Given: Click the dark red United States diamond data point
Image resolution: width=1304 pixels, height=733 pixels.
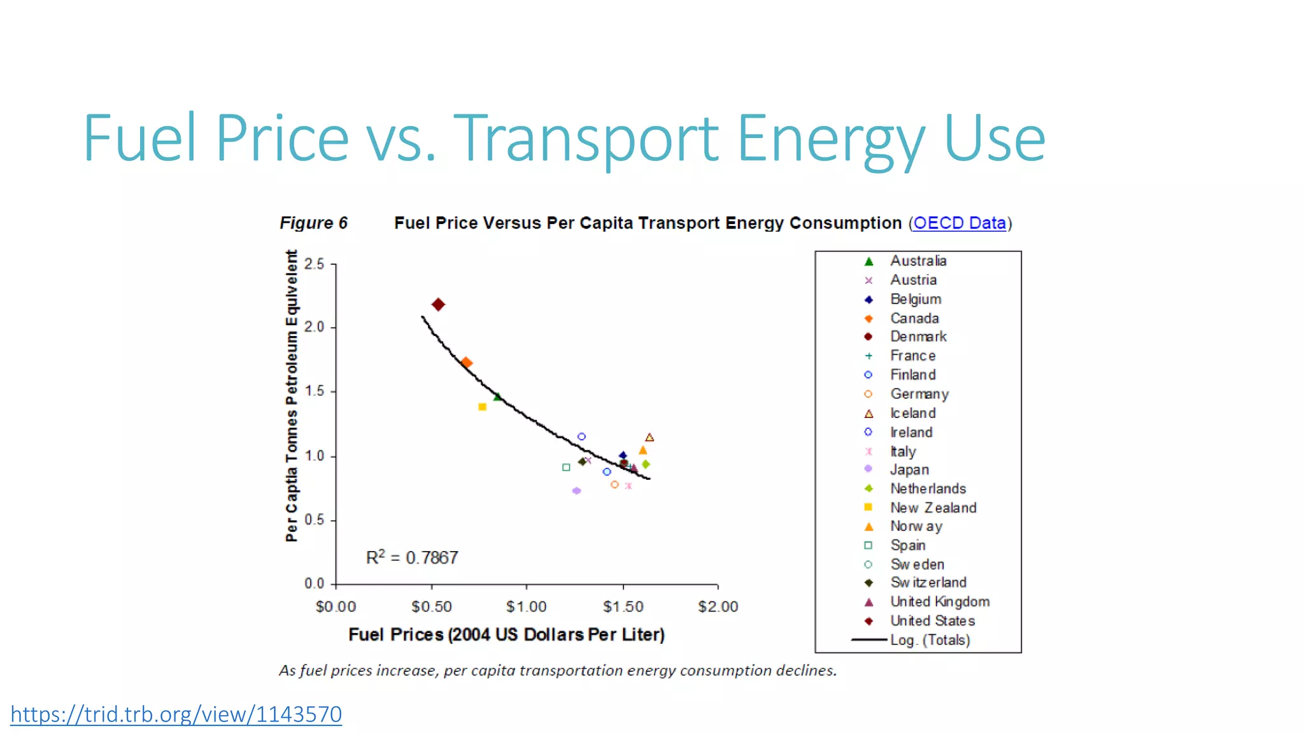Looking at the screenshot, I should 438,305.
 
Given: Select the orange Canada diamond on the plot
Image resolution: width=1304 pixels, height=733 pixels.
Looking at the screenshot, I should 466,363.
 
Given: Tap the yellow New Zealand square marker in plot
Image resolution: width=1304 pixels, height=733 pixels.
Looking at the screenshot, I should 482,407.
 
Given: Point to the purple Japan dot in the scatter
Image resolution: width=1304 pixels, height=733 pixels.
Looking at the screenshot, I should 576,491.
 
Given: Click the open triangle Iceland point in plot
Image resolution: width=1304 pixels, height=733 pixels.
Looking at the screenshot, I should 649,438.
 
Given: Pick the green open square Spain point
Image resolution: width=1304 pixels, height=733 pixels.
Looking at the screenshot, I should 566,468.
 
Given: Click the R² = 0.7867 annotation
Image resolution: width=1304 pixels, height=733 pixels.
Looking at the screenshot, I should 412,558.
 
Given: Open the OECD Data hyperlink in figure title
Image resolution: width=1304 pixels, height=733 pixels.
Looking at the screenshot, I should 959,223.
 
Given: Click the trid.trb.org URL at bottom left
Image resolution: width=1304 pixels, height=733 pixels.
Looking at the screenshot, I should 176,715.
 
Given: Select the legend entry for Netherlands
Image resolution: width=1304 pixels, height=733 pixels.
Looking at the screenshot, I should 927,489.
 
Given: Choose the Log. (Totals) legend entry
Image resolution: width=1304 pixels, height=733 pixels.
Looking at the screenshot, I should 930,640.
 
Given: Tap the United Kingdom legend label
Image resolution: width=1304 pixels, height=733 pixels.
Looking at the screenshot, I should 939,602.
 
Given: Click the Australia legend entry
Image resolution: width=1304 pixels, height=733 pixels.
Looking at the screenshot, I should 918,261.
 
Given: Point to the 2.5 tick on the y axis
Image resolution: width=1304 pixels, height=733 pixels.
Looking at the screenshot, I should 315,264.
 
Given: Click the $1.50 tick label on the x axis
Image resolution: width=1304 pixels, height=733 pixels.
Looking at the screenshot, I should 623,607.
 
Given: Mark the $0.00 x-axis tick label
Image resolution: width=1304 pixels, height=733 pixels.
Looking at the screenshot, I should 336,607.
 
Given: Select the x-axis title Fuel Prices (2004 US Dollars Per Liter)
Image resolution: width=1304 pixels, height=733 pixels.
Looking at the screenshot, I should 506,635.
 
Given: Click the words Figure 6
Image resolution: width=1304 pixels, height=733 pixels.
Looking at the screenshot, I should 313,223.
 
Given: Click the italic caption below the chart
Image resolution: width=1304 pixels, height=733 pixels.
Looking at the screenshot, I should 558,671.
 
